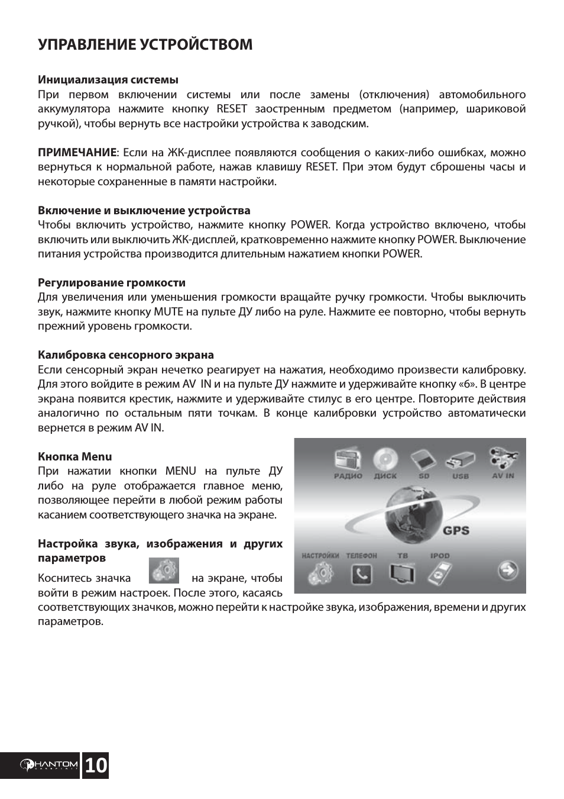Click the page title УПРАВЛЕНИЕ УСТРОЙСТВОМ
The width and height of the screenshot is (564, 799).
coord(145,45)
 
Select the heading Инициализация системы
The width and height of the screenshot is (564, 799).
coord(108,79)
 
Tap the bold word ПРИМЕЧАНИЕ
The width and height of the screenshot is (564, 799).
coord(77,152)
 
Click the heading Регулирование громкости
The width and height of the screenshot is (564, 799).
coord(112,282)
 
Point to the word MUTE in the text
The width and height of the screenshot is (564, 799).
coord(168,311)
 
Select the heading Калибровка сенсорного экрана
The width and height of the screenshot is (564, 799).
coord(126,355)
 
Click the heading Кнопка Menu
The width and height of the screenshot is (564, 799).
coord(75,456)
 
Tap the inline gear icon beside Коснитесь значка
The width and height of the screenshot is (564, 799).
coord(163,571)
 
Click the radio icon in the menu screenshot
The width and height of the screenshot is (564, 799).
coord(348,460)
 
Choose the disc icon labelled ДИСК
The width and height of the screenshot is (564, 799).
coord(385,460)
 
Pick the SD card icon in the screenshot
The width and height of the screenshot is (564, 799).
coord(423,460)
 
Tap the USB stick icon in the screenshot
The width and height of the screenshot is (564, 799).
coord(461,460)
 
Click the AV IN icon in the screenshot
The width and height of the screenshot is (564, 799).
coord(503,459)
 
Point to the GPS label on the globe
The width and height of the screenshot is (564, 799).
coord(456,530)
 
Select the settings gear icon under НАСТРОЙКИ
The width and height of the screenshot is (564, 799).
coord(320,572)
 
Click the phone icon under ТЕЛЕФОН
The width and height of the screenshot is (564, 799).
coord(361,574)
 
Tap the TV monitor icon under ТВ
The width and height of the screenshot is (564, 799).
coord(402,574)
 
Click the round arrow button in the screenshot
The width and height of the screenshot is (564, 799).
coord(508,571)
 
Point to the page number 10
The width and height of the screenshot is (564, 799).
coord(96,766)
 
